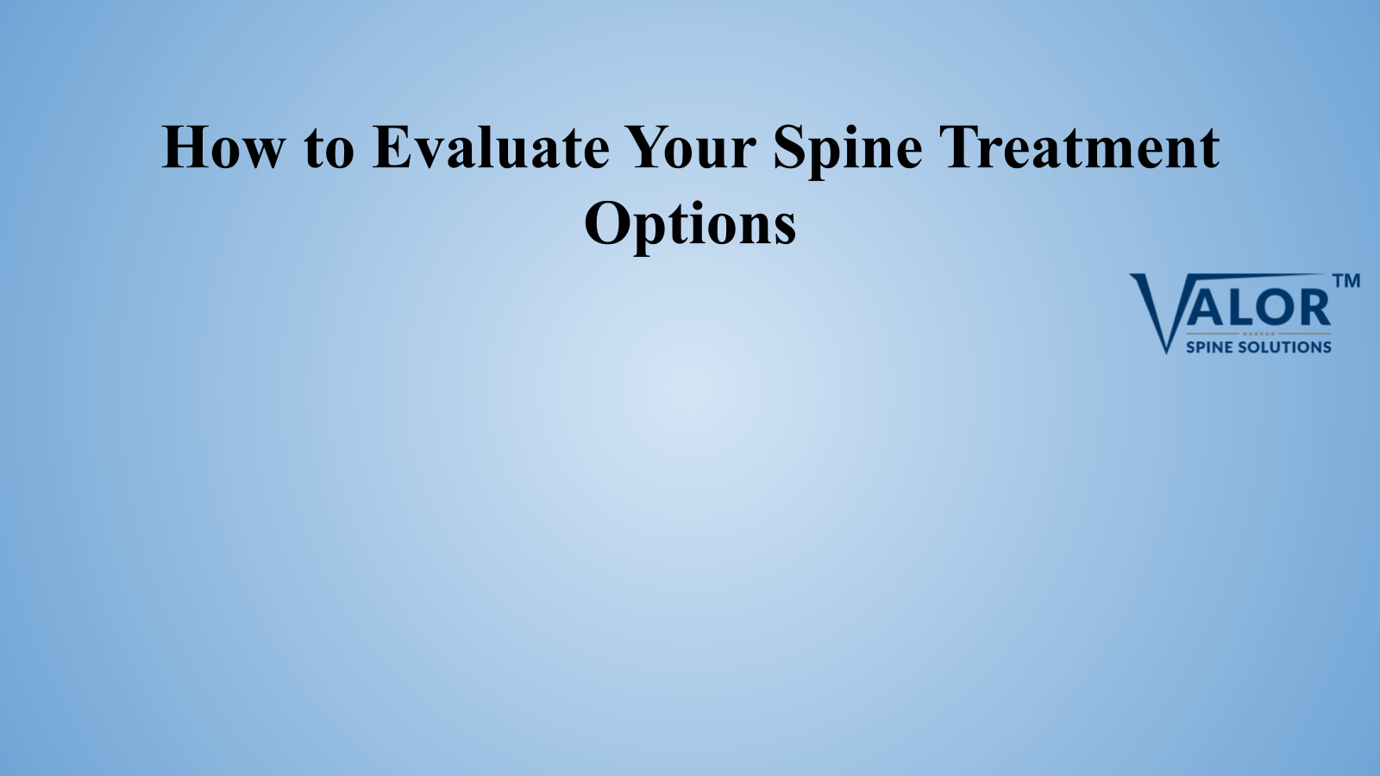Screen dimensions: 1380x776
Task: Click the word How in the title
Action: coord(223,147)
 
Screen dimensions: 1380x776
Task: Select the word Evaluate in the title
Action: coord(491,147)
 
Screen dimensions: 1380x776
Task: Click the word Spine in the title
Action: coord(848,152)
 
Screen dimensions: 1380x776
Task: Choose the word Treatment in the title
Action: coord(1079,147)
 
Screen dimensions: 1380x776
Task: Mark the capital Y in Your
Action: coord(648,147)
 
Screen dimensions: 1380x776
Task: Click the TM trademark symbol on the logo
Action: coord(1346,281)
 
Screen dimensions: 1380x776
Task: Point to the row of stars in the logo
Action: coord(1258,334)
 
